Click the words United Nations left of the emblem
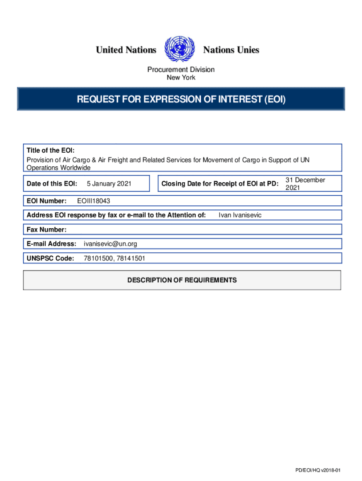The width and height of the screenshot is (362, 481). (x=126, y=50)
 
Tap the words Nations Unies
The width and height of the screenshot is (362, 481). (x=231, y=50)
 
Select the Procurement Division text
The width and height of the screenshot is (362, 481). (x=181, y=70)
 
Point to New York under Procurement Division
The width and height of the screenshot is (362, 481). (x=181, y=78)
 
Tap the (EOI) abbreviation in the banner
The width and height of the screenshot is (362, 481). (x=274, y=99)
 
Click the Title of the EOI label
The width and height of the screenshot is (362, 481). (x=50, y=151)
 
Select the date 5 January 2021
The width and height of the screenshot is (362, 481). (x=109, y=184)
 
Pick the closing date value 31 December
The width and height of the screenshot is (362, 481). (x=305, y=180)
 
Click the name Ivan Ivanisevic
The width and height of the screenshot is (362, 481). (x=240, y=215)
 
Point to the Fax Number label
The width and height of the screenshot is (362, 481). (x=47, y=230)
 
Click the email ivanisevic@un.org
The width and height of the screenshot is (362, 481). (x=110, y=244)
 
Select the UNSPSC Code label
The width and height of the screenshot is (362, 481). (x=50, y=258)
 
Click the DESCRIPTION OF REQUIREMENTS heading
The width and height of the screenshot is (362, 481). (x=182, y=280)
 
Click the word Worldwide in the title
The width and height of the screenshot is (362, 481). (x=75, y=168)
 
